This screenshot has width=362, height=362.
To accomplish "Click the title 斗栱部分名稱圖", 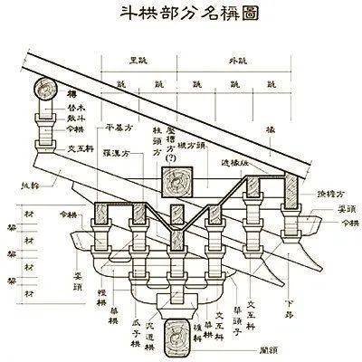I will (181, 15).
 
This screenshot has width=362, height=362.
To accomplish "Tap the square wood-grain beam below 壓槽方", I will (174, 183).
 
